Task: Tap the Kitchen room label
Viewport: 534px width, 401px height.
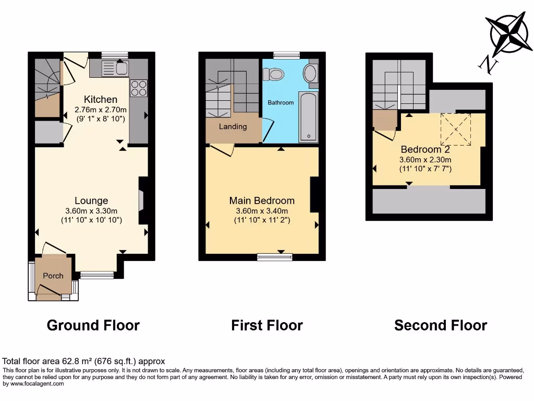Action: pos(101,99)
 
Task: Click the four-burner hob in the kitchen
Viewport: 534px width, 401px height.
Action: pos(139,88)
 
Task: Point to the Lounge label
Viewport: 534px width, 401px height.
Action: pos(91,200)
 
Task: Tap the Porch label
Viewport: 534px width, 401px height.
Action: pos(53,276)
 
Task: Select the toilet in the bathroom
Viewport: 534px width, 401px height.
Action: pos(274,74)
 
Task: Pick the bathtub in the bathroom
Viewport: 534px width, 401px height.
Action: pos(308,117)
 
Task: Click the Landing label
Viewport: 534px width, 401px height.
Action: pos(233,126)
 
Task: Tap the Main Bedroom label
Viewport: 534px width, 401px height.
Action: pos(262,200)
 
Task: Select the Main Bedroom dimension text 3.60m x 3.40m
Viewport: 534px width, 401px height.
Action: pos(262,211)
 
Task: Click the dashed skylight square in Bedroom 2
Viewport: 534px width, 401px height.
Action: pos(456,129)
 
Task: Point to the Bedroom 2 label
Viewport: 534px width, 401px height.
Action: pos(425,149)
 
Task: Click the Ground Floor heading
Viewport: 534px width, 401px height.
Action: pos(93,325)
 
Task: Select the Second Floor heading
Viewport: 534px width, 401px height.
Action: pos(441,325)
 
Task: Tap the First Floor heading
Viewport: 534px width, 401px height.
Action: pos(267,325)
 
